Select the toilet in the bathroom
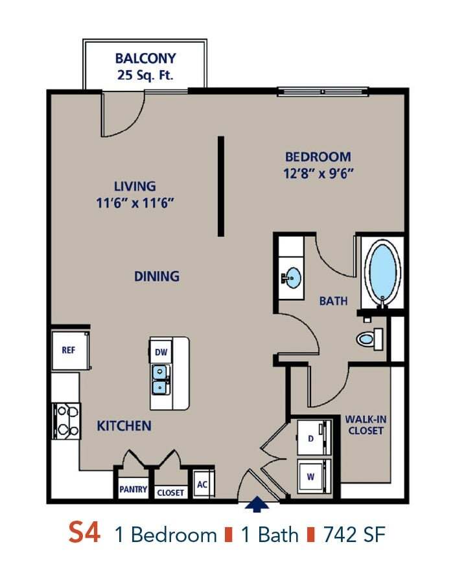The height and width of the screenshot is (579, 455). coord(370,338)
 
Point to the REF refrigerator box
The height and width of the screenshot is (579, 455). coord(69,350)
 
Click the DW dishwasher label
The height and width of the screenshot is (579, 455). coord(161,352)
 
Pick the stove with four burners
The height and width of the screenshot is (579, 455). coord(65,420)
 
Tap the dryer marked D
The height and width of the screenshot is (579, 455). coord(312,439)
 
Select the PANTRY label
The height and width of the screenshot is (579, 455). coord(132,490)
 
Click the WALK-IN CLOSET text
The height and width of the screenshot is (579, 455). coord(366,425)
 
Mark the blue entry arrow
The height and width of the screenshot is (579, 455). coord(258,503)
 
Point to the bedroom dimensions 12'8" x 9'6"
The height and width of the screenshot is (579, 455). coord(318,174)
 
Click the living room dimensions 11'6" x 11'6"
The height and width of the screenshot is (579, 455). coord(135,202)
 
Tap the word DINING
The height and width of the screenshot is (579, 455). coord(156,276)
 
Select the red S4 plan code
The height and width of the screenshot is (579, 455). coord(84,534)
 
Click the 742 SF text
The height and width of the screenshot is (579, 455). coord(355,535)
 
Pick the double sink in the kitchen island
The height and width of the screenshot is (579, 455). coord(159,379)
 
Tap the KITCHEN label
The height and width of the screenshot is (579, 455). coord(124,426)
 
